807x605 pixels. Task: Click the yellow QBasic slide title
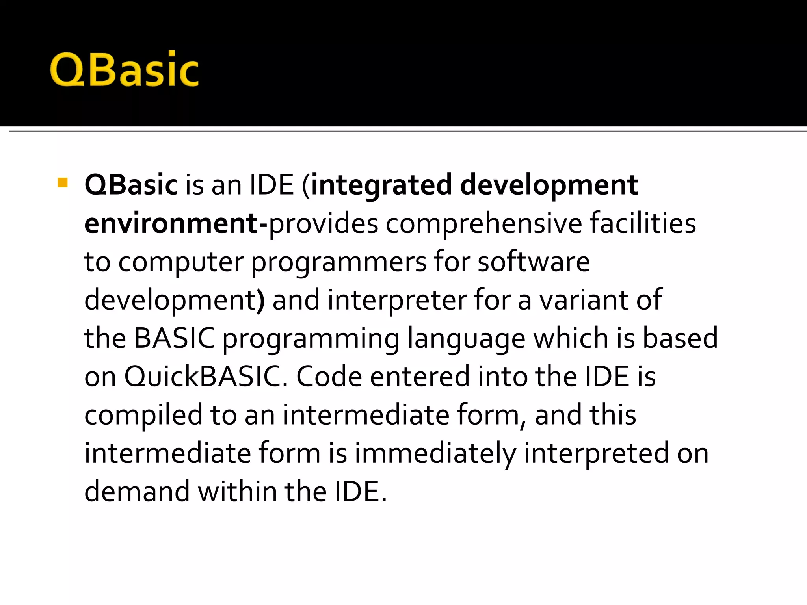click(x=124, y=70)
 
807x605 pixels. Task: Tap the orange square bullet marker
click(x=63, y=183)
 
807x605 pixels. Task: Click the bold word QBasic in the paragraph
click(x=131, y=185)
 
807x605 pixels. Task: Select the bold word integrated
click(x=381, y=185)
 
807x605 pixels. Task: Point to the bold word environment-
click(x=176, y=224)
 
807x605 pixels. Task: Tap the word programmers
click(x=338, y=262)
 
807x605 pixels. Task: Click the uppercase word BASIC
click(x=174, y=338)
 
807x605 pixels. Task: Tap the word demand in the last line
click(x=137, y=492)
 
